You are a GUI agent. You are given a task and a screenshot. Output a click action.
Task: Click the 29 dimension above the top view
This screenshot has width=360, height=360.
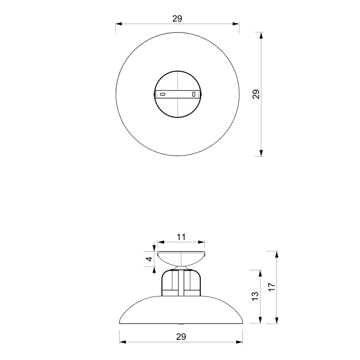click(177, 18)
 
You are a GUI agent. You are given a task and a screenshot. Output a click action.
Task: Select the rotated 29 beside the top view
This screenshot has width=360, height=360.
click(256, 94)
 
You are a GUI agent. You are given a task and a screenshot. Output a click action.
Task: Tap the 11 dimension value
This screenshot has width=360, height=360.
click(180, 236)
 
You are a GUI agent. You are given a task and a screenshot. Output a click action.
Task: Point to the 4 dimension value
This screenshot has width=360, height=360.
click(149, 259)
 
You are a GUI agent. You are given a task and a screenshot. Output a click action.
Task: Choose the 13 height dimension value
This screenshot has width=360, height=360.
click(255, 296)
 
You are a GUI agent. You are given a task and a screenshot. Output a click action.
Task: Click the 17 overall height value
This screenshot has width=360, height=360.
click(272, 287)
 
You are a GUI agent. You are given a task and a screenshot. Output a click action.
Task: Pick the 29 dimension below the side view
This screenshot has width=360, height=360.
click(181, 336)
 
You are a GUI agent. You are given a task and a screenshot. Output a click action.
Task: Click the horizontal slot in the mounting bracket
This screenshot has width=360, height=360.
click(163, 94)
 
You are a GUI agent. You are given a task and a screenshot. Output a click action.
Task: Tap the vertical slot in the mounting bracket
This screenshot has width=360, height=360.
click(194, 94)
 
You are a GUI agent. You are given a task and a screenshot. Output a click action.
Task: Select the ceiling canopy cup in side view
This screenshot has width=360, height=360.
click(180, 258)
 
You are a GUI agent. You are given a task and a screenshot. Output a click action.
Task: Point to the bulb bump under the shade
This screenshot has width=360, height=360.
click(181, 323)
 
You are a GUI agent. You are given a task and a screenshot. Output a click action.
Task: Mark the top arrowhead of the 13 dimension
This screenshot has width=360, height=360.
click(260, 273)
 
